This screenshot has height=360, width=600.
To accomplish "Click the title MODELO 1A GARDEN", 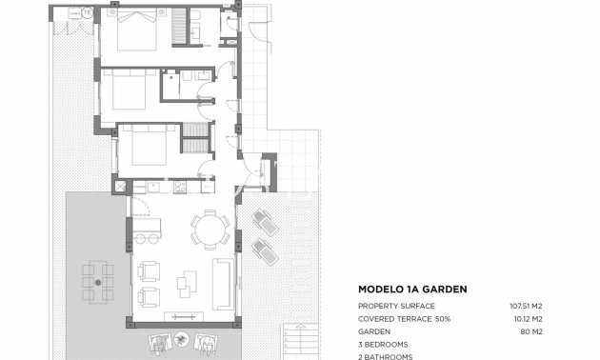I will (411, 289).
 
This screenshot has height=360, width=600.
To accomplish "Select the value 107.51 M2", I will (526, 306).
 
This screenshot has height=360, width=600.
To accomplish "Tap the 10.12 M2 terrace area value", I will (526, 318).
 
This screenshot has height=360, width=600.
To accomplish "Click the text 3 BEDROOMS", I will (383, 344).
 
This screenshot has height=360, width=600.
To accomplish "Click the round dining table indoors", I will (208, 230).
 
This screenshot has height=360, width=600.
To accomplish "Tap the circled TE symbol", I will (88, 13).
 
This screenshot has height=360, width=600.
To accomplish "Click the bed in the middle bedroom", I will (125, 92).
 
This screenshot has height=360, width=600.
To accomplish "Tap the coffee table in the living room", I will (189, 281).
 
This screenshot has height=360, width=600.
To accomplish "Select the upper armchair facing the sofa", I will (149, 270).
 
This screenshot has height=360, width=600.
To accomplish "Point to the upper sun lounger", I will (264, 223).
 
